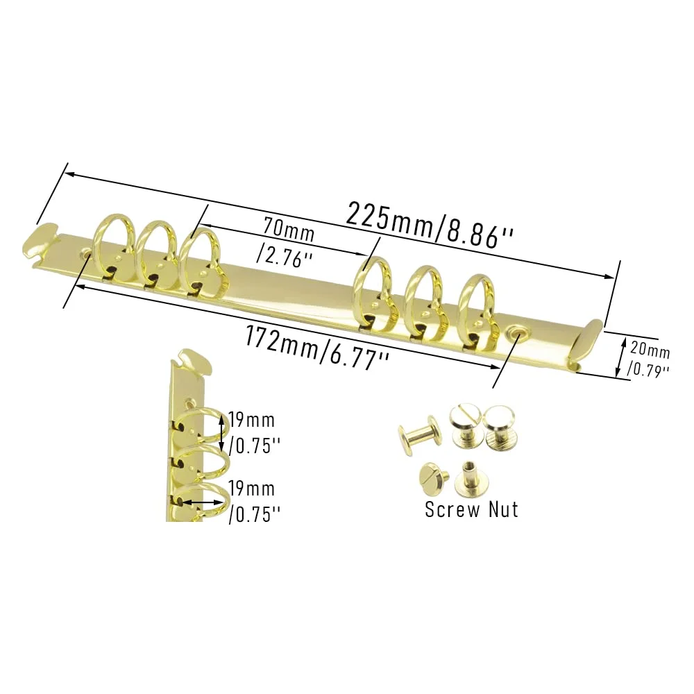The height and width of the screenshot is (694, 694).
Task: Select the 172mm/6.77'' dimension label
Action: pyautogui.click(x=316, y=348)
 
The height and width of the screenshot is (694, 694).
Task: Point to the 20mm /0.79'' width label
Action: pyautogui.click(x=648, y=359)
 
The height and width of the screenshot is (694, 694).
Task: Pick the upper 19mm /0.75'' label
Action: pyautogui.click(x=253, y=432)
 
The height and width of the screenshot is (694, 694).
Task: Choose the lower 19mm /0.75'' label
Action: pyautogui.click(x=253, y=502)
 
